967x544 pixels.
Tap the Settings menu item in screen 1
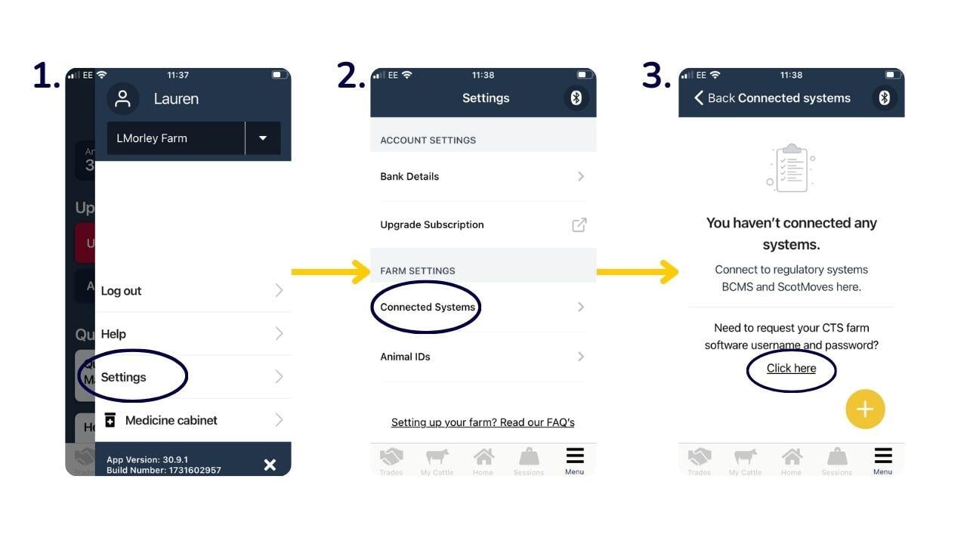124,377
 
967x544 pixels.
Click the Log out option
122,291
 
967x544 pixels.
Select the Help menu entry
113,334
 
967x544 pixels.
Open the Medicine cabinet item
171,420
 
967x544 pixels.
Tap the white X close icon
270,465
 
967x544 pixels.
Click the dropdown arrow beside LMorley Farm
263,138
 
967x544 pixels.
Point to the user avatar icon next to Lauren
122,99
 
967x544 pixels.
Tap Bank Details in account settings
409,177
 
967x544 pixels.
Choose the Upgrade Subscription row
432,225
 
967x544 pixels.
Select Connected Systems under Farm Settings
428,307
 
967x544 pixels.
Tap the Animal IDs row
406,357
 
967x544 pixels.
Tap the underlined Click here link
791,369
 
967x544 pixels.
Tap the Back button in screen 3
714,98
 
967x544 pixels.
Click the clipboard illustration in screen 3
790,168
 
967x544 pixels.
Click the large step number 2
351,76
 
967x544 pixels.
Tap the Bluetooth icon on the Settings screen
576,98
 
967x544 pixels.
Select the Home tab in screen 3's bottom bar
791,460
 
